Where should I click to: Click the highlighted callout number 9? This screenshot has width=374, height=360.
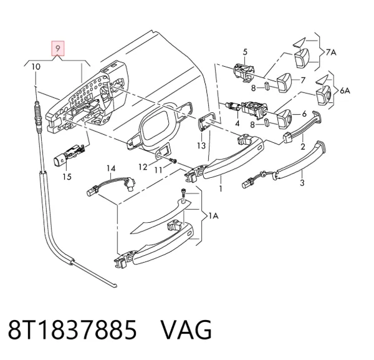(x=58, y=49)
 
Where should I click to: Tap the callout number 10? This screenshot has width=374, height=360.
(x=36, y=67)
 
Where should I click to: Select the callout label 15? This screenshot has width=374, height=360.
(x=67, y=177)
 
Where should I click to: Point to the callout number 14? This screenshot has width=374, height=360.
(x=111, y=168)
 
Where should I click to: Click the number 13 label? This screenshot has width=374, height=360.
(x=201, y=145)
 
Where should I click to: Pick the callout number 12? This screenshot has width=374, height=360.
(x=143, y=167)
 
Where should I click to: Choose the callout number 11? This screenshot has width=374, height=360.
(x=158, y=170)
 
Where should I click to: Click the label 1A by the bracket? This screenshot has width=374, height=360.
(x=213, y=216)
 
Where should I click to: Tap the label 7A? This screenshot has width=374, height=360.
(x=331, y=52)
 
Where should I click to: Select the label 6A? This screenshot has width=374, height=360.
(x=345, y=90)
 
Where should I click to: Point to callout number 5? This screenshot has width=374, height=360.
(x=245, y=52)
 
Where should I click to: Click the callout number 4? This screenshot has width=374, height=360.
(x=237, y=124)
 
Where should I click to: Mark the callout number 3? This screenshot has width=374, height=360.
(x=302, y=183)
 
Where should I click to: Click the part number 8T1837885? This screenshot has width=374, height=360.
(x=72, y=330)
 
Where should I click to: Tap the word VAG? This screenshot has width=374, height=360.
(x=186, y=330)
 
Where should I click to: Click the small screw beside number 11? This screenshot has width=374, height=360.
(x=173, y=161)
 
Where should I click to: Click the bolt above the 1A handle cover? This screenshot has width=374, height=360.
(x=184, y=194)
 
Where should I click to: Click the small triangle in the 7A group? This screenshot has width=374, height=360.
(x=299, y=42)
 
